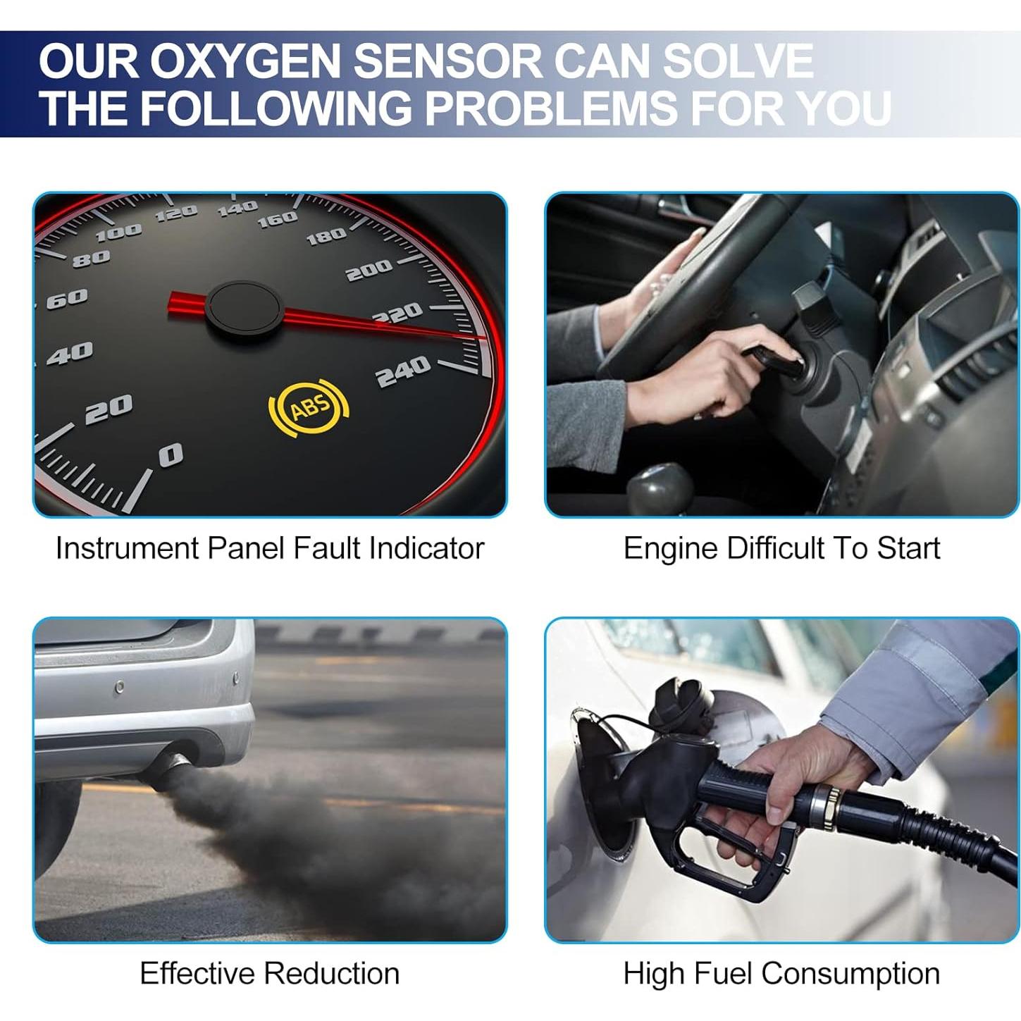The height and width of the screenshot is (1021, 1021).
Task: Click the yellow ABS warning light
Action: (x=309, y=406)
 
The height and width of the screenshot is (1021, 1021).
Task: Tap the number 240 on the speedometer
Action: (x=402, y=371)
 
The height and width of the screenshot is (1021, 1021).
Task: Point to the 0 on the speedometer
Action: (x=171, y=455)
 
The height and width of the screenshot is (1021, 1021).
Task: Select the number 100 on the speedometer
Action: (x=118, y=233)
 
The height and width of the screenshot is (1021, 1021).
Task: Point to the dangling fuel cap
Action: (x=681, y=700)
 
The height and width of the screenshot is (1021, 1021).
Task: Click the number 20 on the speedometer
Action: (x=109, y=409)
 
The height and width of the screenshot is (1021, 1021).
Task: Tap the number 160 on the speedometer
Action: (x=277, y=220)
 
